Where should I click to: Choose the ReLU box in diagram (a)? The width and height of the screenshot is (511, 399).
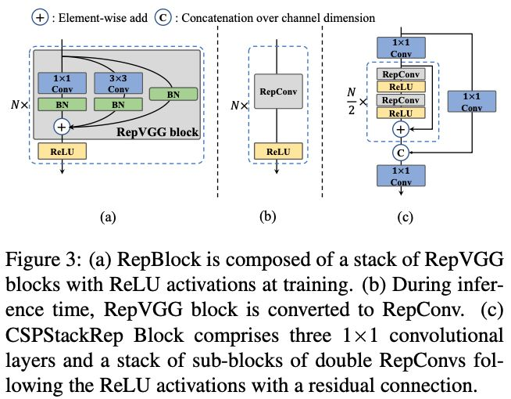[61, 151]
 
